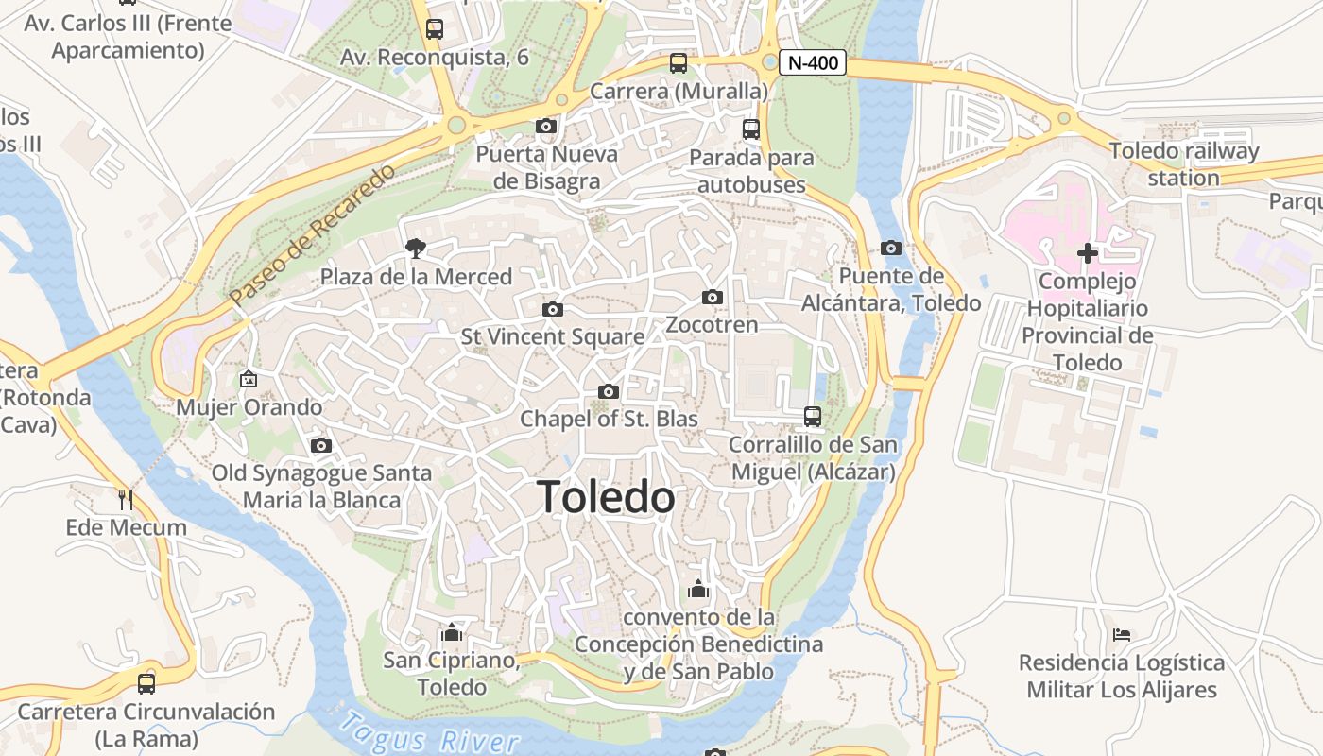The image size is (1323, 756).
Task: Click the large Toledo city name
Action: pyautogui.click(x=606, y=497)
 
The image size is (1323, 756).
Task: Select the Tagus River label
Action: pyautogui.click(x=430, y=732)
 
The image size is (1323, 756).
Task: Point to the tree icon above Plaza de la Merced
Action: pyautogui.click(x=414, y=249)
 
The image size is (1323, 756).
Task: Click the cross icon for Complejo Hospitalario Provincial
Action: pyautogui.click(x=1087, y=252)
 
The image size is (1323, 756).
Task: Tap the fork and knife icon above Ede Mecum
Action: pyautogui.click(x=125, y=498)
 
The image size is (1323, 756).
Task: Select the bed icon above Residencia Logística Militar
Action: pyautogui.click(x=1122, y=634)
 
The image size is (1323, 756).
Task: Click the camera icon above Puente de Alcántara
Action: pyautogui.click(x=890, y=248)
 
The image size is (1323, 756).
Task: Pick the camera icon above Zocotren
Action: pyautogui.click(x=713, y=297)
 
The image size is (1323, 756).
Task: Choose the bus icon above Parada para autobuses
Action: pyautogui.click(x=751, y=129)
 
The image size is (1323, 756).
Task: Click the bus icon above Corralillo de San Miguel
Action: pyautogui.click(x=812, y=416)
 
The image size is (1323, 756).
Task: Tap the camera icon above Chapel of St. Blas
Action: pyautogui.click(x=609, y=391)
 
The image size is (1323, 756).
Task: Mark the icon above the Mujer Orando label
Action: pyautogui.click(x=249, y=379)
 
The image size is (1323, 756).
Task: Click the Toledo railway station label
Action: pyautogui.click(x=1184, y=163)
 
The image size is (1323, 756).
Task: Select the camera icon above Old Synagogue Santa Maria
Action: pyautogui.click(x=321, y=445)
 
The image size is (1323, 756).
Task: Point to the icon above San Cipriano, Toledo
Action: pyautogui.click(x=452, y=632)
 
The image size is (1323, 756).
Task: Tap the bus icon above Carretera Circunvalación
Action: pyautogui.click(x=146, y=682)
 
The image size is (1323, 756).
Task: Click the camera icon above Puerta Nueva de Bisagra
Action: pyautogui.click(x=545, y=126)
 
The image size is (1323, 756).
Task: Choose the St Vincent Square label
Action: pyautogui.click(x=553, y=336)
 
